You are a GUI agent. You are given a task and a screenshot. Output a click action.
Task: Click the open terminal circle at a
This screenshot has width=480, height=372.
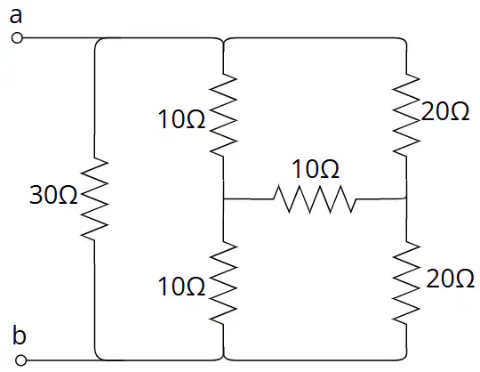(17, 38)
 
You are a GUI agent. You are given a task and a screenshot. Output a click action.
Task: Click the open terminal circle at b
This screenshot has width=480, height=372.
(20, 360)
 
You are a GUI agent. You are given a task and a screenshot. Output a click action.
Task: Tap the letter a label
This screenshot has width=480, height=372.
(16, 16)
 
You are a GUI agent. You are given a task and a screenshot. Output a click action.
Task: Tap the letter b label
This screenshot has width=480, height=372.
(20, 336)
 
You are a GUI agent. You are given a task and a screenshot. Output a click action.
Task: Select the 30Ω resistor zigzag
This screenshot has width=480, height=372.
(94, 198)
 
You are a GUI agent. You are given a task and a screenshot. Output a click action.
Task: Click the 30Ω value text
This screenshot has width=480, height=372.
(53, 195)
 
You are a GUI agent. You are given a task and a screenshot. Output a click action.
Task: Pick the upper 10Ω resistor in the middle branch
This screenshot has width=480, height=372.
(223, 115)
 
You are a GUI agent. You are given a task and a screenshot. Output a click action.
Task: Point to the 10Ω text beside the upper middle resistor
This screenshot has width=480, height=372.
(181, 119)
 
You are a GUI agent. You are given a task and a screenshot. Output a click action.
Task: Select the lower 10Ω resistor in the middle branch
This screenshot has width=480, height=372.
(223, 282)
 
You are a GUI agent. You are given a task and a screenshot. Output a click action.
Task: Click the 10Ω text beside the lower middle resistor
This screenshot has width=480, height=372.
(181, 287)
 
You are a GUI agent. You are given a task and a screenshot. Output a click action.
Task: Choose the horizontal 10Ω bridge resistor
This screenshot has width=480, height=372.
(315, 198)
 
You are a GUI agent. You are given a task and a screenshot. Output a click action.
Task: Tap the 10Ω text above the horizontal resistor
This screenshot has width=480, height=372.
(316, 169)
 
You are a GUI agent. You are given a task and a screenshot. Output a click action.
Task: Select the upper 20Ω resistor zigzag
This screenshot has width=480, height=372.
(406, 114)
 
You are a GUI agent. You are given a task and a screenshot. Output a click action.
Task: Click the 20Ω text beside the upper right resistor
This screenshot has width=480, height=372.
(445, 111)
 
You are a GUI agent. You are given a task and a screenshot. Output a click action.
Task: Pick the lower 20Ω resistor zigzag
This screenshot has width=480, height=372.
(406, 282)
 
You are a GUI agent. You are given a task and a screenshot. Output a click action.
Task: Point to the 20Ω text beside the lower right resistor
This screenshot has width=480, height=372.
(450, 279)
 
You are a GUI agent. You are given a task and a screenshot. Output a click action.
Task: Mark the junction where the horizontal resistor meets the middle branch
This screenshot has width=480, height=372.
(223, 198)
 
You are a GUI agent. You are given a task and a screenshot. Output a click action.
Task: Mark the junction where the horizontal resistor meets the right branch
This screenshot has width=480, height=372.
(406, 198)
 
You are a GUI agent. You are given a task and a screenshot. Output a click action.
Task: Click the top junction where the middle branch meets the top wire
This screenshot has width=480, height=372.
(223, 40)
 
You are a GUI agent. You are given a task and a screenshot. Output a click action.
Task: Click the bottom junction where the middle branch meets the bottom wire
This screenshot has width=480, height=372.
(223, 359)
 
